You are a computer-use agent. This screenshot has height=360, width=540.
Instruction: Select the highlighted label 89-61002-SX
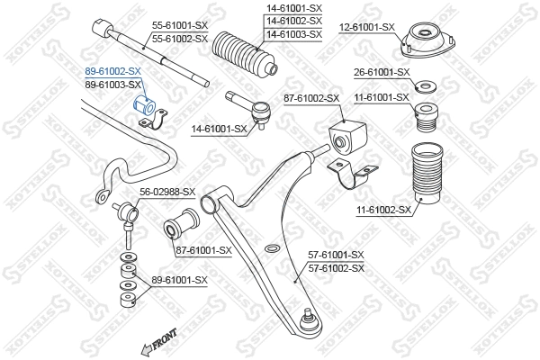(112, 70)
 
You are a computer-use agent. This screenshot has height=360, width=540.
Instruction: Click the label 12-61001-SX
(366, 27)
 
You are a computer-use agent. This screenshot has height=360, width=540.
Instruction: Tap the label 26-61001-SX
(381, 71)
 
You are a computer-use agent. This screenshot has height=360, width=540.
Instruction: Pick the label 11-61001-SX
(381, 96)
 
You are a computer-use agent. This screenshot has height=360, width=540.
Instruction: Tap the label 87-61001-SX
(203, 250)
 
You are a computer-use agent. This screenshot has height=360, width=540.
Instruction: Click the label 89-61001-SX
(178, 280)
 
